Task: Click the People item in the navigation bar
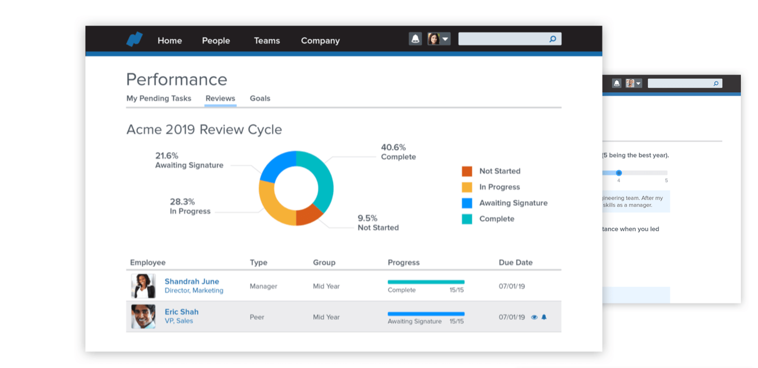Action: click(x=216, y=40)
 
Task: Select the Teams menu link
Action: click(x=266, y=40)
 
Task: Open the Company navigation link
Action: click(x=320, y=40)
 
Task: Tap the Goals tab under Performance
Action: click(x=260, y=98)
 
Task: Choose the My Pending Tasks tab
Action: click(x=158, y=98)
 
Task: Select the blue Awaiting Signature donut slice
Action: click(x=277, y=164)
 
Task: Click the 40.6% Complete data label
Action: click(x=398, y=152)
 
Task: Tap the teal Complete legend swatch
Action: click(x=467, y=219)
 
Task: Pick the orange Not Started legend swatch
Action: click(x=467, y=171)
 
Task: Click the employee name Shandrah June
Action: click(x=192, y=281)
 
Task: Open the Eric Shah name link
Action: click(x=181, y=312)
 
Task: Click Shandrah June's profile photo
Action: click(x=143, y=286)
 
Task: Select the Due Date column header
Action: click(x=515, y=262)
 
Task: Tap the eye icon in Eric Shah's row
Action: click(x=534, y=317)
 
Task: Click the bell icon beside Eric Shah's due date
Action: click(x=544, y=317)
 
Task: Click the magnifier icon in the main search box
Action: click(x=553, y=39)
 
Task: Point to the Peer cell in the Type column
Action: click(x=257, y=317)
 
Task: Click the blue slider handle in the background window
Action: click(x=619, y=173)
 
